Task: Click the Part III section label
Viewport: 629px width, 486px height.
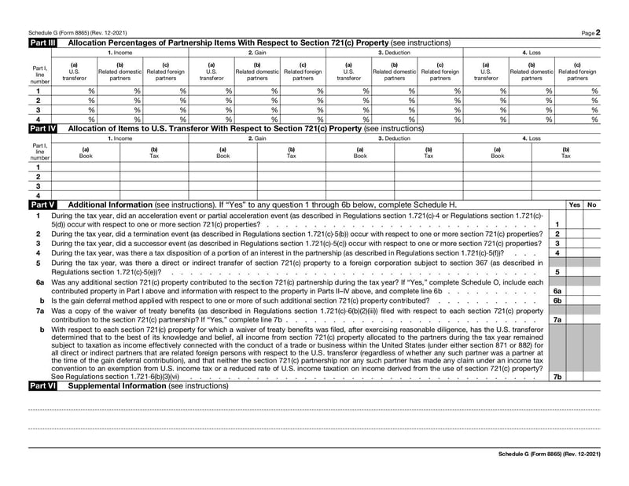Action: (42, 42)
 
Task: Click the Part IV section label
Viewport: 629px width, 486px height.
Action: (42, 128)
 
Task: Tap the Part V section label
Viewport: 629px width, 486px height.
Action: (42, 204)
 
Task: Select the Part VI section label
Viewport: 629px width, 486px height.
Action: (42, 386)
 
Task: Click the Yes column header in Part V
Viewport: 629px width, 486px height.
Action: (574, 204)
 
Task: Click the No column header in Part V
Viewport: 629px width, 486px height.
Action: (591, 204)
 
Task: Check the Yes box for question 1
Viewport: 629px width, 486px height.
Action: (574, 224)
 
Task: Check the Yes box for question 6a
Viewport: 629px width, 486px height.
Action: (574, 290)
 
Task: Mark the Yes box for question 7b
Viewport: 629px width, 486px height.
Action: (574, 377)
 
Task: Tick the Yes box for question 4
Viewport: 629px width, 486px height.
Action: (574, 253)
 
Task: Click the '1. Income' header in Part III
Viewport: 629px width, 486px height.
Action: (120, 52)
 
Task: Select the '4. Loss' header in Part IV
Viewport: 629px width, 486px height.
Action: (531, 138)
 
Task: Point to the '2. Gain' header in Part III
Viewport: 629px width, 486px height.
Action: (257, 52)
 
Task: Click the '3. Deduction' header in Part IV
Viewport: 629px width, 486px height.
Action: (394, 138)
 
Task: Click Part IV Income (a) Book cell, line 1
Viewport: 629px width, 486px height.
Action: (86, 167)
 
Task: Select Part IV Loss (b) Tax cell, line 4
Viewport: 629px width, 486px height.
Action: (565, 195)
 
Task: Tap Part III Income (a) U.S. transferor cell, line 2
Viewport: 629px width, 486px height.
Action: (75, 101)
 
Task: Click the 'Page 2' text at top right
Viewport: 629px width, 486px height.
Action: (591, 32)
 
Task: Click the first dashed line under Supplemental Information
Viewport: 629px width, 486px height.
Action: (314, 410)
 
